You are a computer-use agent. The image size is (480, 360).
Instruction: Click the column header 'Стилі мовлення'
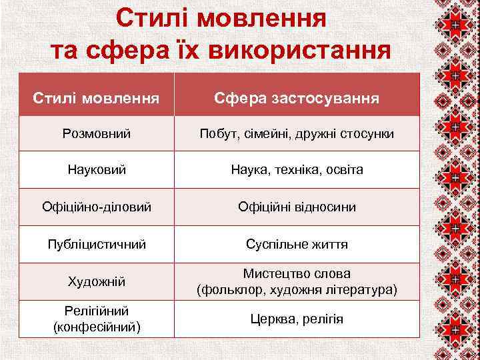coord(97,99)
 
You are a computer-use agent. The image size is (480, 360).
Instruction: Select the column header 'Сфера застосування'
coord(297,99)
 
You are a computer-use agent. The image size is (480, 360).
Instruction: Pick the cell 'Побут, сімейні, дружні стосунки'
coord(297,134)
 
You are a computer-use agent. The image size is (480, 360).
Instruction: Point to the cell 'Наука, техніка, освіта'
coord(297,170)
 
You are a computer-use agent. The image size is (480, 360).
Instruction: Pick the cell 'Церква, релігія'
coord(297,319)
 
